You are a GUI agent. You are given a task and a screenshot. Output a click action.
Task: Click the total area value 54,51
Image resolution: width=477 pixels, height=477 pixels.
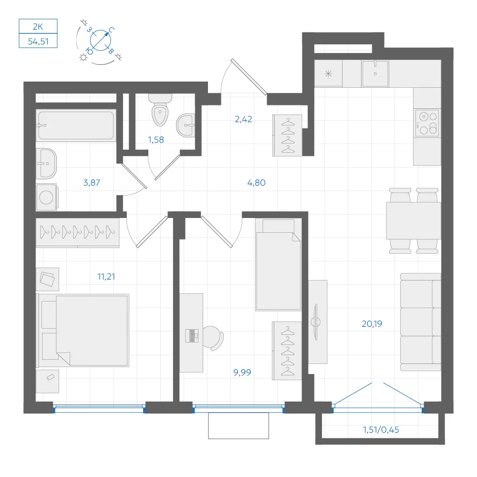38,41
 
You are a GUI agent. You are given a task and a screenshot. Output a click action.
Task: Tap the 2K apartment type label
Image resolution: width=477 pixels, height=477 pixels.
38,27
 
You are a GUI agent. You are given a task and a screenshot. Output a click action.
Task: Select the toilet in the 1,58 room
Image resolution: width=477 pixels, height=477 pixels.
160,110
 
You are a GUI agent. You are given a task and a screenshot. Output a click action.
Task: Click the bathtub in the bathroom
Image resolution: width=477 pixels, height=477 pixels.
76,125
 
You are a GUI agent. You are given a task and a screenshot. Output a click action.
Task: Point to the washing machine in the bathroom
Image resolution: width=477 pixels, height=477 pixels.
47,197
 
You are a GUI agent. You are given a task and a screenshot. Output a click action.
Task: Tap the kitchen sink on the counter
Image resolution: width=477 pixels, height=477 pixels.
375,73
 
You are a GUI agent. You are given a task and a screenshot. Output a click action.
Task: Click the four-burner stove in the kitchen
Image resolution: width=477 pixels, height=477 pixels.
427,123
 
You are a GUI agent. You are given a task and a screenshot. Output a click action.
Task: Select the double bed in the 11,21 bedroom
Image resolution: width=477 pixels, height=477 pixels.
83,330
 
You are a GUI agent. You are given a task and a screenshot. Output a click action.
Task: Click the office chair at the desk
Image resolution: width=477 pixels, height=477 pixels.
214,338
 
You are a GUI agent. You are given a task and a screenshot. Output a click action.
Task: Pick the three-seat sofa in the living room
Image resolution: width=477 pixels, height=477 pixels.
421,322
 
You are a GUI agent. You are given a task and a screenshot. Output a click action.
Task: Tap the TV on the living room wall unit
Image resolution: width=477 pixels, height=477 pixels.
316,322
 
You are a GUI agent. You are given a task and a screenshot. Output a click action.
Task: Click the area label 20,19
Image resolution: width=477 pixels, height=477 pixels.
372,324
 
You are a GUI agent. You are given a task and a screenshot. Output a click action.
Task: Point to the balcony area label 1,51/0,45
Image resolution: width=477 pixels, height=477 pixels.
381,430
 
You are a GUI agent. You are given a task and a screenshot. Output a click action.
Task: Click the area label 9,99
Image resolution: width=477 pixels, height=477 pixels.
242,373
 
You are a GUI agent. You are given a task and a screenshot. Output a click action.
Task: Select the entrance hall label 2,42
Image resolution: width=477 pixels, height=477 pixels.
243,119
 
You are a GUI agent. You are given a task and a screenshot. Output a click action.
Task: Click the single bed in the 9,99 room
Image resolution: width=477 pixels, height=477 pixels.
278,265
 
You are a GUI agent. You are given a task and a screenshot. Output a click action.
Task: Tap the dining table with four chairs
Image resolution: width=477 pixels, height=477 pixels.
414,220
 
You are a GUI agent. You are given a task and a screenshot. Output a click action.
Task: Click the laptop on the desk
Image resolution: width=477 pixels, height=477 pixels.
192,335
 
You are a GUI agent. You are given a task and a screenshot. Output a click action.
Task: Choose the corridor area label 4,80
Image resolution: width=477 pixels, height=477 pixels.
257,183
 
